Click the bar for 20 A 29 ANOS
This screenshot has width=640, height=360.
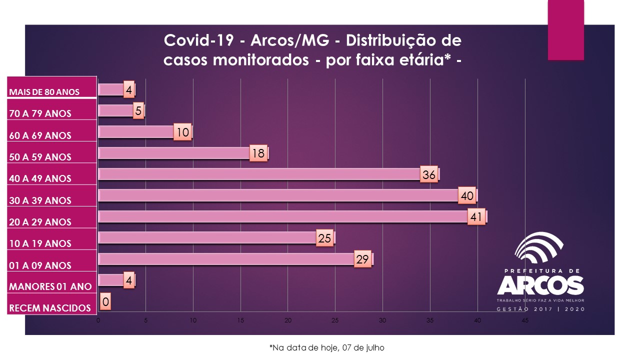[285, 217]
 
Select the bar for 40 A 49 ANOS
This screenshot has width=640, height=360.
[260, 174]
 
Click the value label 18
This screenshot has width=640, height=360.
[258, 153]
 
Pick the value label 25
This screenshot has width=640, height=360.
[324, 238]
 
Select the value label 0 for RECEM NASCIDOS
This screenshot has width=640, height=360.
[105, 302]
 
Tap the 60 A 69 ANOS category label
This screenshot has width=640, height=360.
[40, 135]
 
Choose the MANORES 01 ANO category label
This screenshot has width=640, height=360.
[50, 287]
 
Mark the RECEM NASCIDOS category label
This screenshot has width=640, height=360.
[50, 308]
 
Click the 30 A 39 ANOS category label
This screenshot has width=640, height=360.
[40, 200]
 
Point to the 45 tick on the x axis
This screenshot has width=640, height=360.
[525, 320]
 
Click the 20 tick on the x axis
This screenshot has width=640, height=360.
[288, 320]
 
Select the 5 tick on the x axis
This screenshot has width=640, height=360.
[145, 320]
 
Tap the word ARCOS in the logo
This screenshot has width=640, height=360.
[540, 285]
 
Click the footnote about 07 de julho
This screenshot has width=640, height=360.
[327, 347]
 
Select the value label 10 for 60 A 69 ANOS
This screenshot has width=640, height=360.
[182, 132]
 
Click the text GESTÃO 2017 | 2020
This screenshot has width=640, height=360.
[540, 309]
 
